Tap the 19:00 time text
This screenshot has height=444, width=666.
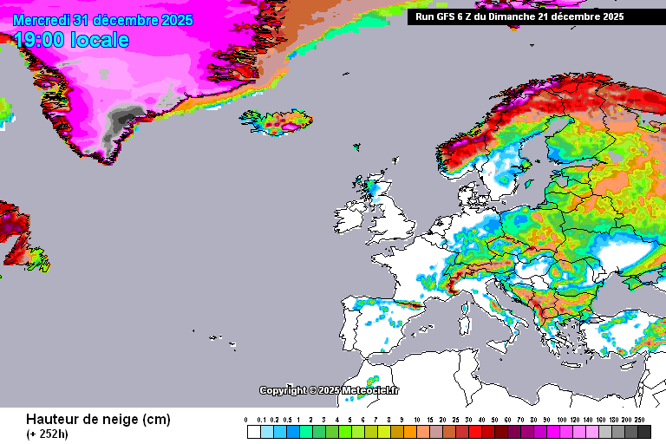click(x=41, y=40)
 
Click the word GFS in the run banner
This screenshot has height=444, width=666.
click(x=453, y=16)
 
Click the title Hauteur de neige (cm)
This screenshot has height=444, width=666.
click(x=98, y=420)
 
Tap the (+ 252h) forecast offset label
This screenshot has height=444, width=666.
click(x=47, y=434)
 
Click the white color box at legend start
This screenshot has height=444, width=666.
click(x=253, y=431)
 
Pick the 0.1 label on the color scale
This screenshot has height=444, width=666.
click(x=261, y=419)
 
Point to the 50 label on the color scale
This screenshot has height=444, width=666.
click(x=495, y=419)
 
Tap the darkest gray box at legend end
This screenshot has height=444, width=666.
click(x=643, y=431)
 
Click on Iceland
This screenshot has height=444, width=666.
click(x=277, y=123)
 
